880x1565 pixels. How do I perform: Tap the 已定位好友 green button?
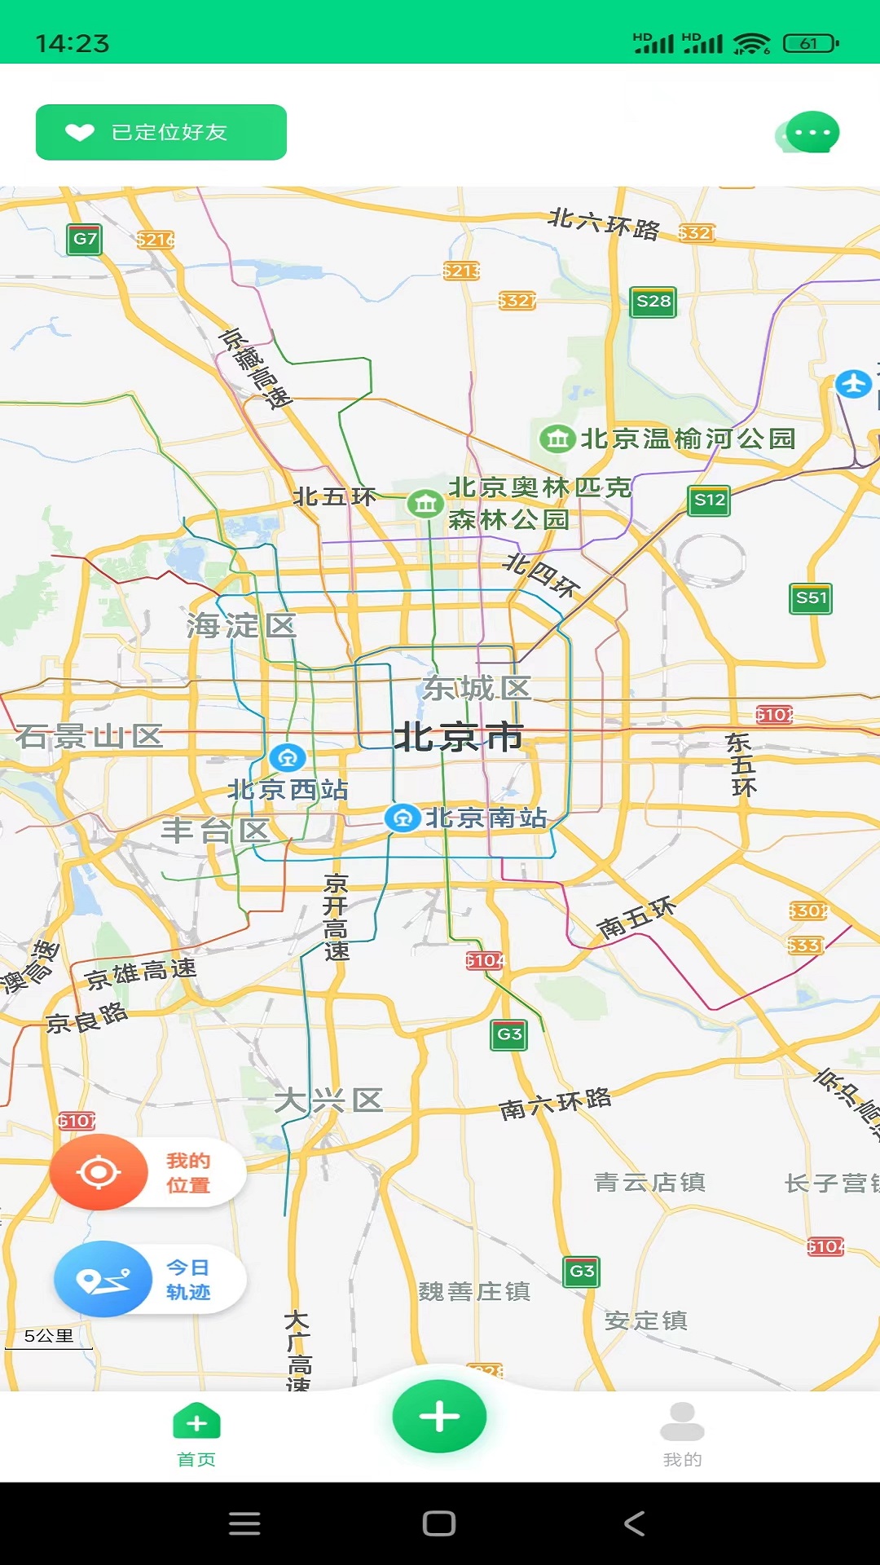pyautogui.click(x=161, y=132)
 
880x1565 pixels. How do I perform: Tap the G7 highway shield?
pyautogui.click(x=85, y=239)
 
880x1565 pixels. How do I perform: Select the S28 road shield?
pyautogui.click(x=653, y=302)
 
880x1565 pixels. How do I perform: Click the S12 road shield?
pyautogui.click(x=709, y=500)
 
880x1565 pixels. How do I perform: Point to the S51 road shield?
pyautogui.click(x=811, y=598)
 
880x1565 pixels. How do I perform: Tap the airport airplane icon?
pyautogui.click(x=853, y=383)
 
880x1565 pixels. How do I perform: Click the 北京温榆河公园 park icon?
pyautogui.click(x=557, y=439)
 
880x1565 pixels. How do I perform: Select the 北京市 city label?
pyautogui.click(x=458, y=737)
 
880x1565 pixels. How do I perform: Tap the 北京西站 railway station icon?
pyautogui.click(x=287, y=758)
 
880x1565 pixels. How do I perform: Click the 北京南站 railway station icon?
pyautogui.click(x=402, y=818)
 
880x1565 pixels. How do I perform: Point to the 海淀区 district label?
pyautogui.click(x=241, y=626)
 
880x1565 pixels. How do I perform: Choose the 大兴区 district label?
pyautogui.click(x=328, y=1100)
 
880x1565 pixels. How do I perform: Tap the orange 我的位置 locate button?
pyautogui.click(x=99, y=1172)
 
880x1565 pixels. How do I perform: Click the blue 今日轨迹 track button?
pyautogui.click(x=103, y=1280)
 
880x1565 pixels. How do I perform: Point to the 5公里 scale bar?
pyautogui.click(x=49, y=1338)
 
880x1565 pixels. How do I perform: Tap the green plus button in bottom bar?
pyautogui.click(x=439, y=1417)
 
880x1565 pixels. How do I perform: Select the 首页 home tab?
pyautogui.click(x=196, y=1435)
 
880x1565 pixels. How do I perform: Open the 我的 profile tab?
pyautogui.click(x=682, y=1435)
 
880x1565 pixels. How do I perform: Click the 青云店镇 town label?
pyautogui.click(x=649, y=1182)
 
